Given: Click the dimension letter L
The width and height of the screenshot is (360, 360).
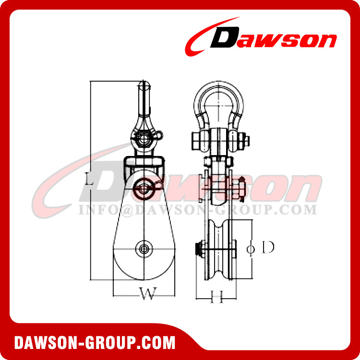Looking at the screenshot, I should pos(88,180).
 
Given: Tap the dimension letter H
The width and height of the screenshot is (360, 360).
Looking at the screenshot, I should pos(216,298).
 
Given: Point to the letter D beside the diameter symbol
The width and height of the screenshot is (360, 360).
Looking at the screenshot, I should pos(268,248).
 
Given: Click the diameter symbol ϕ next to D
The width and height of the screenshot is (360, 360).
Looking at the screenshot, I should pos(250,248).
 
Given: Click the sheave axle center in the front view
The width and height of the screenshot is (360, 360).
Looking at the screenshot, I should pos(143,249).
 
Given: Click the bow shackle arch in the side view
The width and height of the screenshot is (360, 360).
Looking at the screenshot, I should pos(219,98).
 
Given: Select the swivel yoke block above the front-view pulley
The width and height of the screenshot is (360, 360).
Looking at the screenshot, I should pos(144,166).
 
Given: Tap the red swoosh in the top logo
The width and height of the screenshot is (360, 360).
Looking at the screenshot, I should pos(202,41).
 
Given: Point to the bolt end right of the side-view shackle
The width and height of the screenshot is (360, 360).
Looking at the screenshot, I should pos(246,141).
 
